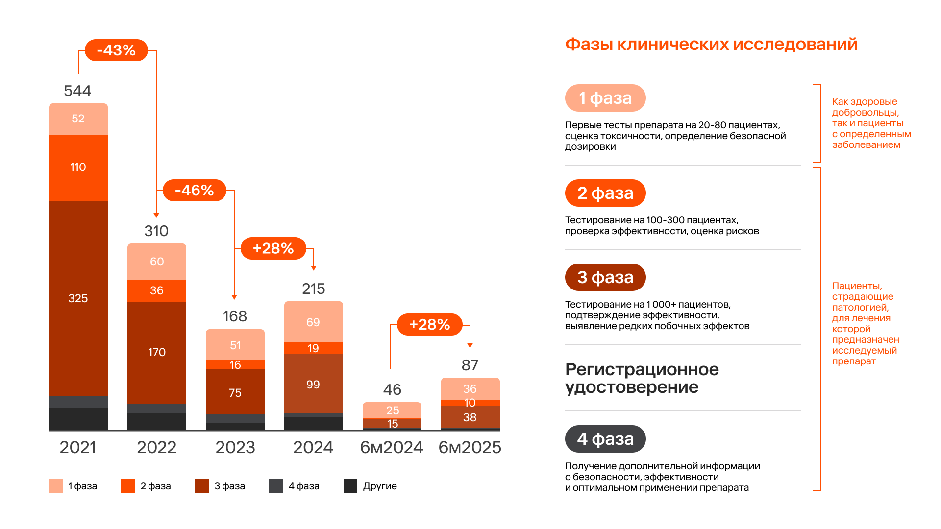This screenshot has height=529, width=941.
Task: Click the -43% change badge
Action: [x=116, y=50]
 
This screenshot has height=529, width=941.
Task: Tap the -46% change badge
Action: [x=194, y=190]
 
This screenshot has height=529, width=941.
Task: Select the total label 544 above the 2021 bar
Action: [x=77, y=91]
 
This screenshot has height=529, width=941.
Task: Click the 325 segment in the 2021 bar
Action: [x=78, y=298]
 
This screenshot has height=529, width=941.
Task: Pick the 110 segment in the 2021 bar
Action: [x=78, y=168]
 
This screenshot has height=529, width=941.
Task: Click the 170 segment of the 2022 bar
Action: [x=157, y=352]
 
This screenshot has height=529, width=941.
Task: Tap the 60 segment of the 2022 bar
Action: [x=157, y=262]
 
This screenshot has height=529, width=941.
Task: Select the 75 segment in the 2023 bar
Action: [x=235, y=393]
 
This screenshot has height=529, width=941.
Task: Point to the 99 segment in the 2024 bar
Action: [x=313, y=385]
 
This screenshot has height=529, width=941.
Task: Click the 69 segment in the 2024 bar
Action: [x=313, y=322]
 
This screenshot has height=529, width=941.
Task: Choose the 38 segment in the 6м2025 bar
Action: [x=470, y=417]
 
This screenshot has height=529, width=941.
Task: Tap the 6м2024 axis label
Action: [x=392, y=447]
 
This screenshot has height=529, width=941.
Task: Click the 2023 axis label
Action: [x=235, y=447]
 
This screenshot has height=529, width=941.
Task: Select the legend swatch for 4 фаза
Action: [x=276, y=486]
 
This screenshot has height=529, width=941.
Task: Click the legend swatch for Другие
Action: [x=350, y=486]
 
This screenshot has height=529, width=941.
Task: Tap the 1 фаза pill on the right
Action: [x=605, y=98]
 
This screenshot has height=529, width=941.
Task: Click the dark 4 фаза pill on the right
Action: [x=605, y=439]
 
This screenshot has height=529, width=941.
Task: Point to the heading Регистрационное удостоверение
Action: [x=642, y=378]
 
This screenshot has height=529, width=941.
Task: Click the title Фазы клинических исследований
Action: [x=711, y=44]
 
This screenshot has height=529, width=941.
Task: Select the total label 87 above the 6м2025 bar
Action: [x=470, y=365]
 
